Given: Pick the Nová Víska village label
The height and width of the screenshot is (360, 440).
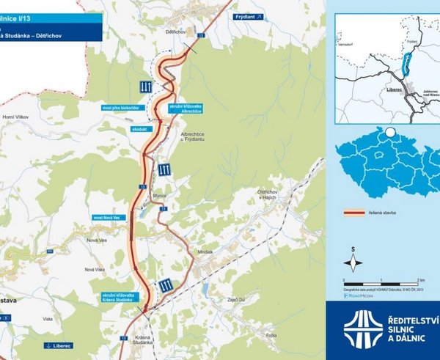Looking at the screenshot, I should click(x=96, y=269).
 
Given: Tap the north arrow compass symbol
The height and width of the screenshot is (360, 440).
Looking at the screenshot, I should click(x=353, y=262).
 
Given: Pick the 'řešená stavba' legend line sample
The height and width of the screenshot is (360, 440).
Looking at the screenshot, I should click(x=355, y=214).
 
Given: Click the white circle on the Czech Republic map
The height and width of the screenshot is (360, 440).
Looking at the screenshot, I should click(x=391, y=133).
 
